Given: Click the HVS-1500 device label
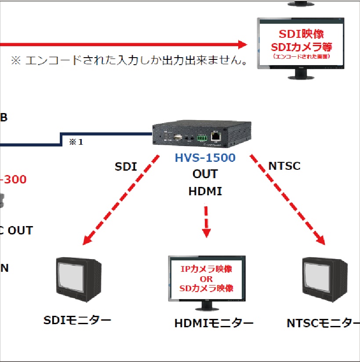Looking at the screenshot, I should (x=205, y=157).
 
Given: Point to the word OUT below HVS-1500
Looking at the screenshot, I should (x=205, y=174).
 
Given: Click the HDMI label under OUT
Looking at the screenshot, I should (x=205, y=191).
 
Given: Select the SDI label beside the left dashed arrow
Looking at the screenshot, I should (x=126, y=167).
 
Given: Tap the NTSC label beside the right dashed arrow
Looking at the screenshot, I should (x=284, y=166).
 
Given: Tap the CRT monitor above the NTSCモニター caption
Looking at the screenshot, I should (x=325, y=282).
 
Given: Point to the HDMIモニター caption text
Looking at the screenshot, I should (x=214, y=323).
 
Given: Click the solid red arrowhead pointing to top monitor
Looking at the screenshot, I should (x=243, y=44).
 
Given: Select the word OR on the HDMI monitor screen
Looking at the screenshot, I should (x=206, y=279).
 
